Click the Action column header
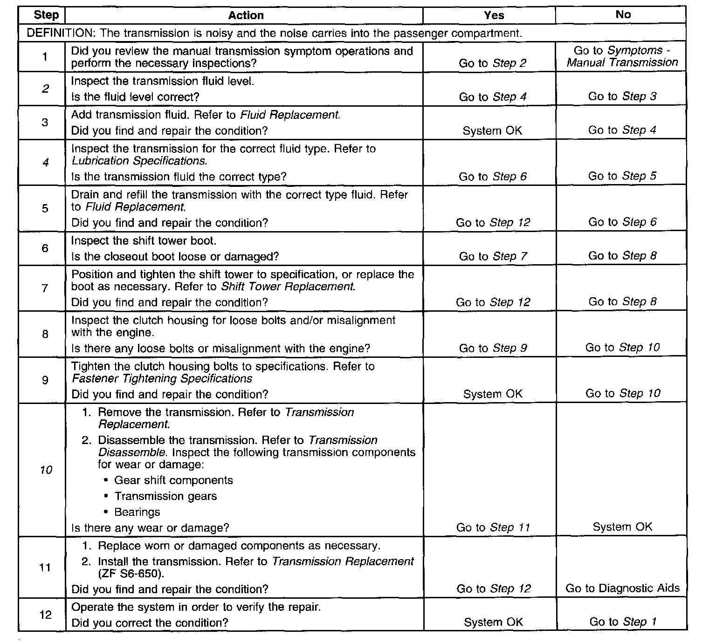[246, 15]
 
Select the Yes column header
[494, 15]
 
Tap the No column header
[623, 14]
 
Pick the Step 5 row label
[45, 208]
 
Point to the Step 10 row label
[46, 470]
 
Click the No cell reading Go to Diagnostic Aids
[622, 588]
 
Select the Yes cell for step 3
[492, 131]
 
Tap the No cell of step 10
[622, 527]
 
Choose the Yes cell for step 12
[493, 622]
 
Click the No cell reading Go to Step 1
[623, 622]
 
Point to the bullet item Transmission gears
[165, 496]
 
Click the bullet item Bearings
[137, 512]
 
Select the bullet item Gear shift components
[173, 480]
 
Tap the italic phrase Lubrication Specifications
[139, 161]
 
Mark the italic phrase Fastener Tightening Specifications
[162, 378]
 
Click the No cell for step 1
[622, 56]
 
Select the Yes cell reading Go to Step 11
[493, 527]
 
